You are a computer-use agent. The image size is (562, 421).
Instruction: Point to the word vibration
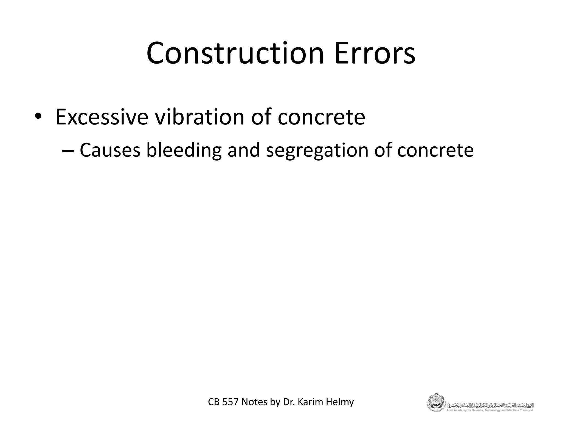(x=199, y=117)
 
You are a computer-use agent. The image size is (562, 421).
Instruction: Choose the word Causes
(x=110, y=150)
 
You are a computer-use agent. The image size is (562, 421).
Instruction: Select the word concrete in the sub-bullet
(x=435, y=151)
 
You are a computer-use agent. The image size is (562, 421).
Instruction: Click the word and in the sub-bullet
(x=243, y=150)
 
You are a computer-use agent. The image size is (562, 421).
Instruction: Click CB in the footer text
(x=214, y=402)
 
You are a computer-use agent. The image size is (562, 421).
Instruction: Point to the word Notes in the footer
(x=254, y=402)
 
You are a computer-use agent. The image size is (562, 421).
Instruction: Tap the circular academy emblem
(x=435, y=402)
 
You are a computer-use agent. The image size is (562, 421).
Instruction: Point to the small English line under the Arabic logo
(x=490, y=410)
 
